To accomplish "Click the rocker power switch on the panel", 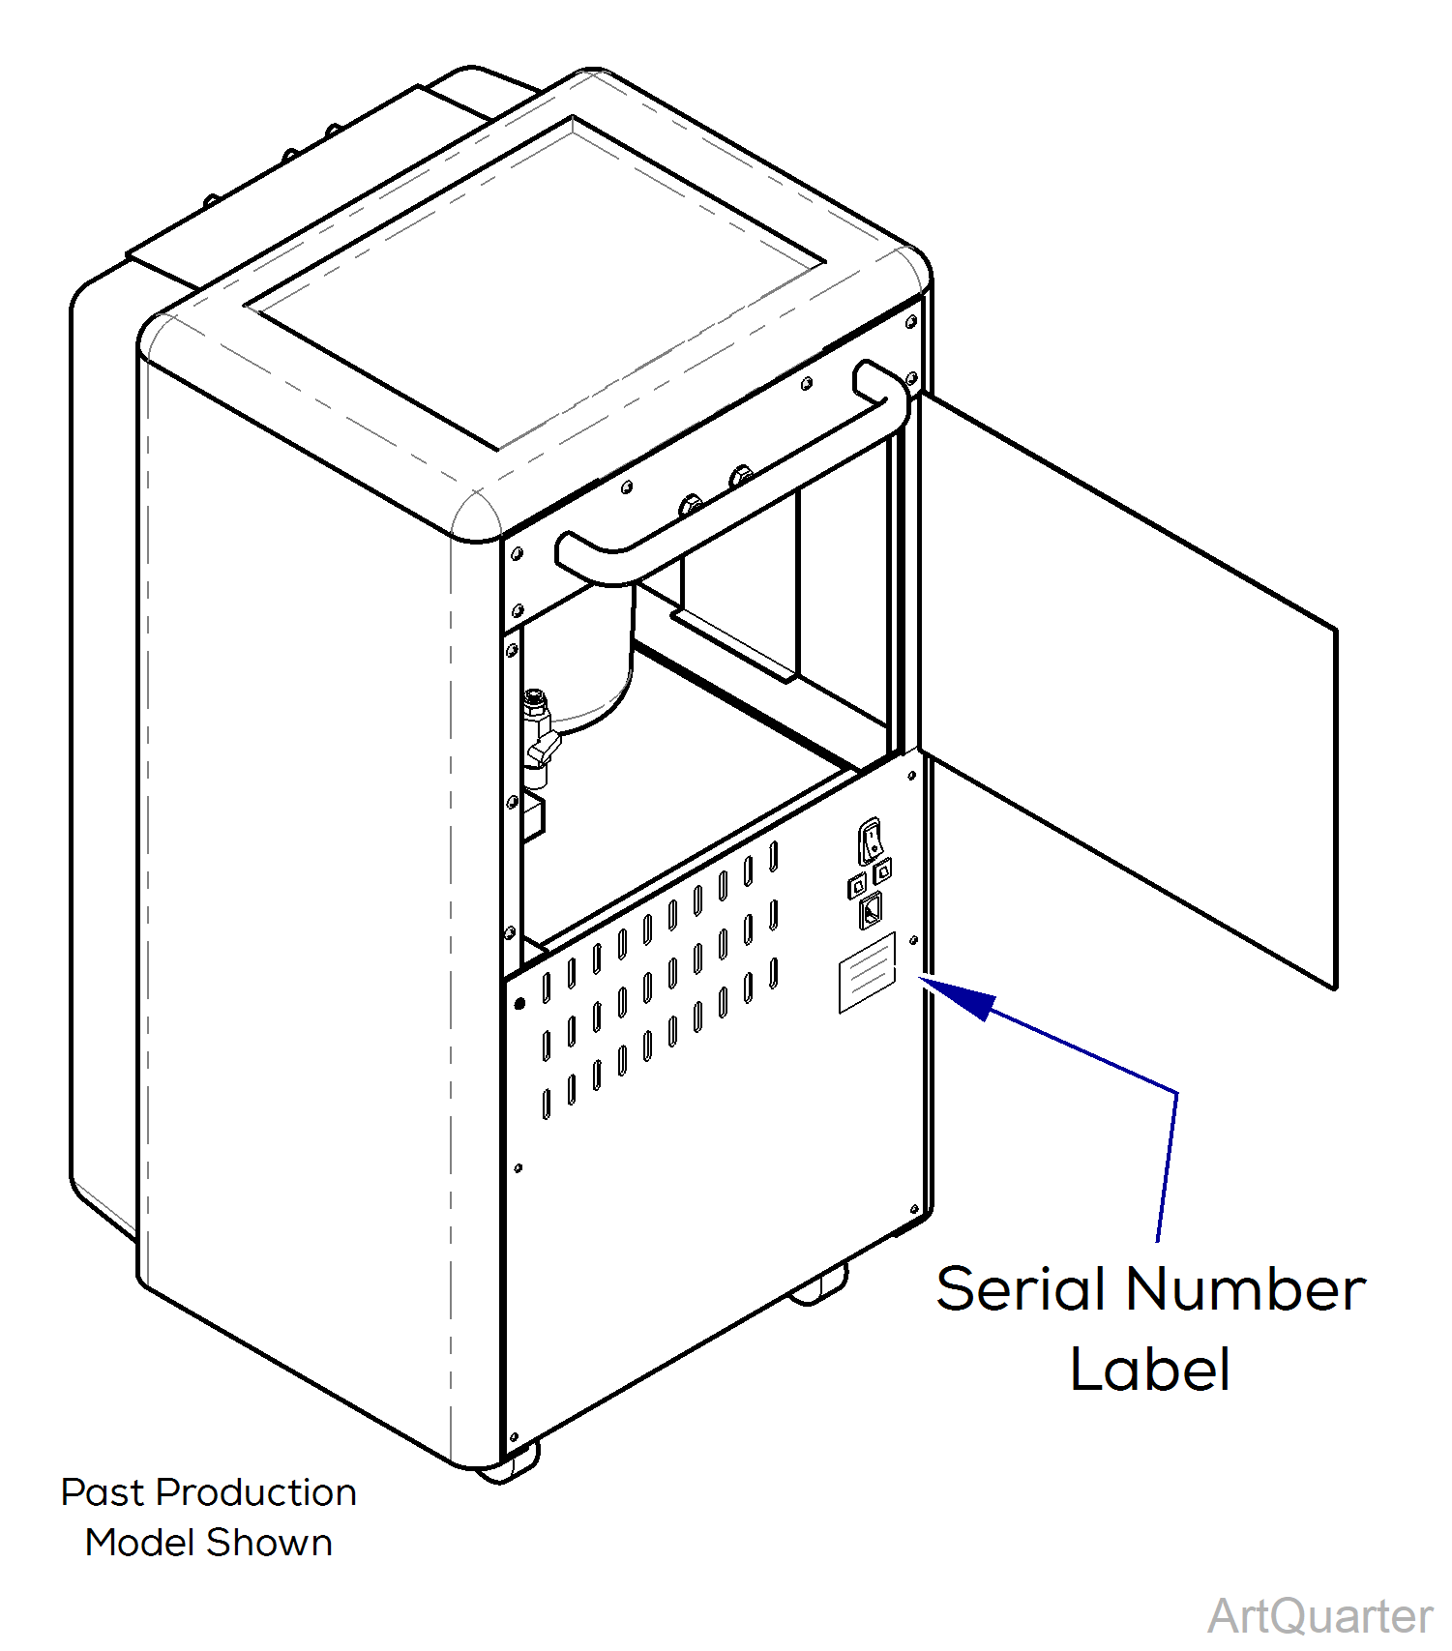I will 871,840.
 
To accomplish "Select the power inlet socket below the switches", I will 871,910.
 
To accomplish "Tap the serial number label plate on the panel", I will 867,972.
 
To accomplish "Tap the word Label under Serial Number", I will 1150,1369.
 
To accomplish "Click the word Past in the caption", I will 102,1492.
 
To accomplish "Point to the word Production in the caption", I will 256,1492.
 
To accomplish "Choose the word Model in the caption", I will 139,1543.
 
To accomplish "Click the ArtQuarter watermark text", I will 1319,1616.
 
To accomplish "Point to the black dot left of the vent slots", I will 519,1003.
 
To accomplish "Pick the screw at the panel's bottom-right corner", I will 914,1209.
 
